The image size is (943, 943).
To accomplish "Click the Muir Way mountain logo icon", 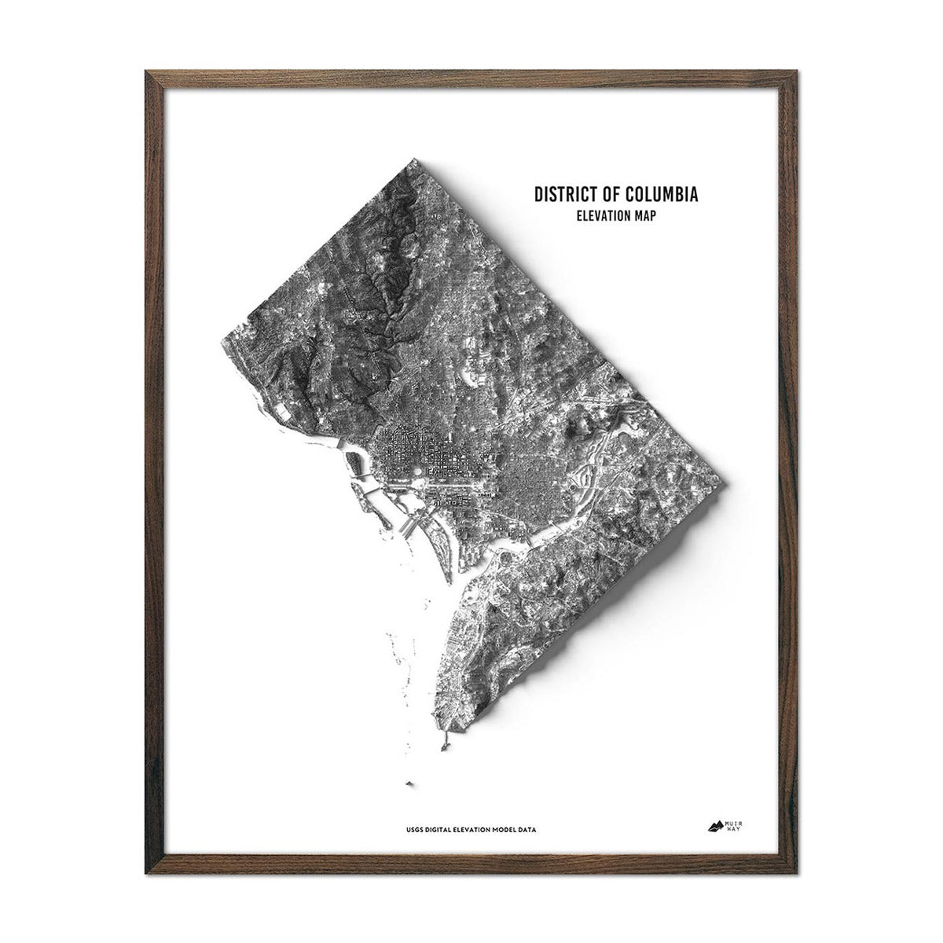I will [715, 825].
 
